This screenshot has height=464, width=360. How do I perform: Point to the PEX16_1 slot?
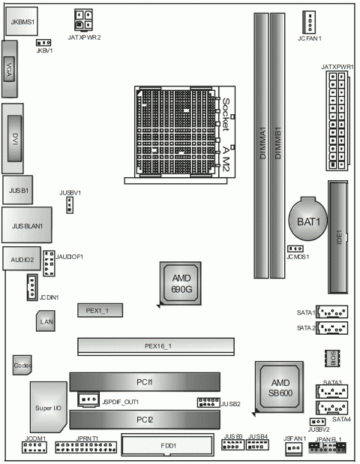tap(158, 345)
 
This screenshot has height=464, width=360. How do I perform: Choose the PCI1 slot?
tap(145, 382)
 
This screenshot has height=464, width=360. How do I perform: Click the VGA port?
tap(11, 69)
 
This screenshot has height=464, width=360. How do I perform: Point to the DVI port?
tap(14, 140)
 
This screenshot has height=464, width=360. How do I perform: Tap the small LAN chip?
tap(46, 321)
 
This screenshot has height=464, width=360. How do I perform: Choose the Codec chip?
tap(22, 364)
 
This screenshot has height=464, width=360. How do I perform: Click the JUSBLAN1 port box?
tap(27, 224)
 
